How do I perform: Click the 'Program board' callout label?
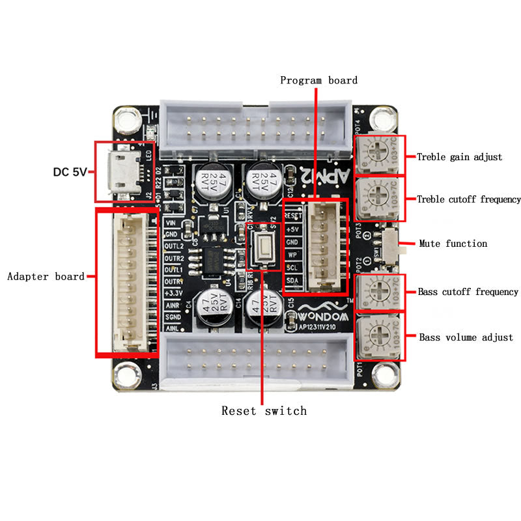pyautogui.click(x=318, y=80)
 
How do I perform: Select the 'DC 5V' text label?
pyautogui.click(x=70, y=173)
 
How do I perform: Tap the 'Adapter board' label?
pyautogui.click(x=46, y=276)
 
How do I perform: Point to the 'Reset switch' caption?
pyautogui.click(x=264, y=410)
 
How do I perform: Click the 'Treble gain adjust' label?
pyautogui.click(x=460, y=156)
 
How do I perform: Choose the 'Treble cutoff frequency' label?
pyautogui.click(x=469, y=199)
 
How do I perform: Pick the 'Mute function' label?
pyautogui.click(x=453, y=244)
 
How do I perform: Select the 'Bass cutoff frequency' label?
pyautogui.click(x=468, y=292)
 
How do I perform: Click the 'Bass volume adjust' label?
pyautogui.click(x=466, y=337)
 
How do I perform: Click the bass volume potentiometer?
pyautogui.click(x=379, y=337)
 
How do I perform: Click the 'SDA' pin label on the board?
pyautogui.click(x=293, y=280)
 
